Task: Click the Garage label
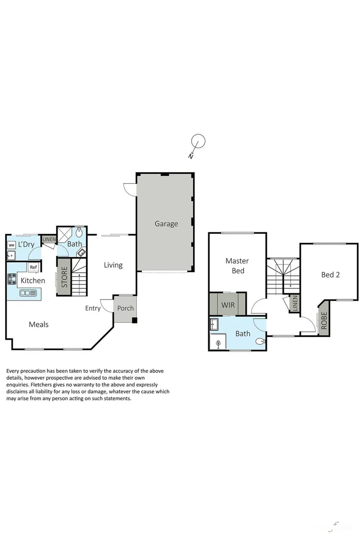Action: click(x=166, y=223)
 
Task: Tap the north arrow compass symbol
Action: click(x=198, y=142)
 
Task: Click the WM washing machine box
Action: click(x=11, y=245)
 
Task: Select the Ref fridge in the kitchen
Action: click(x=33, y=267)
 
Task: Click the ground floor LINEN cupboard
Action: click(x=49, y=239)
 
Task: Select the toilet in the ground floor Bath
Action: click(x=79, y=234)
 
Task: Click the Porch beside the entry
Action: click(x=125, y=308)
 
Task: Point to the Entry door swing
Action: click(x=106, y=305)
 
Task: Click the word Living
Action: click(x=113, y=265)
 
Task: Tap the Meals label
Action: click(x=38, y=324)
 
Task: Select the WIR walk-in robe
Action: click(x=228, y=305)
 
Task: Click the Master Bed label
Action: click(x=237, y=266)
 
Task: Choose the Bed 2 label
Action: click(x=330, y=275)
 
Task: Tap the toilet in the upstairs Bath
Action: click(x=259, y=341)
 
